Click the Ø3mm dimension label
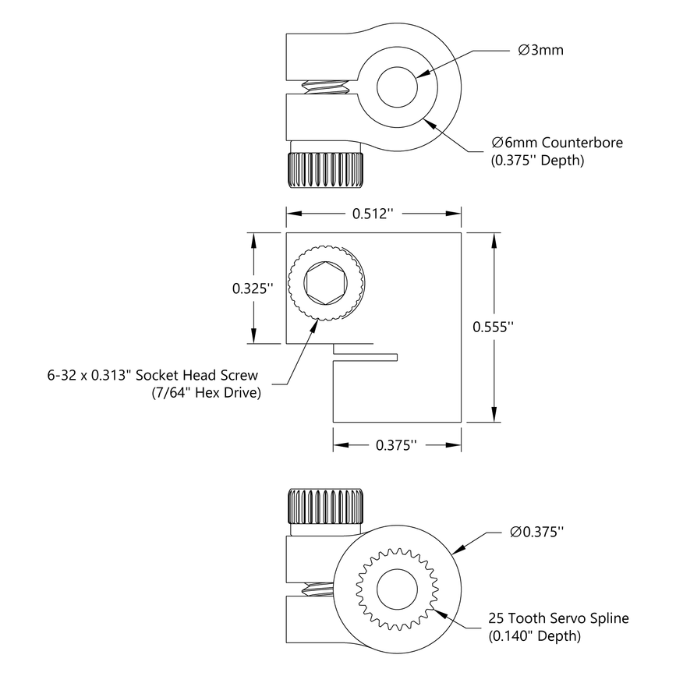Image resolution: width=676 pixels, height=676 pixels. [540, 51]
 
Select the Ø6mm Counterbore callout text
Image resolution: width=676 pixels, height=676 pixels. [557, 143]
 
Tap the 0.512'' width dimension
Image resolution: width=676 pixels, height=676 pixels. [374, 214]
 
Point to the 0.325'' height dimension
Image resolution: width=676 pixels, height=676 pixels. [253, 288]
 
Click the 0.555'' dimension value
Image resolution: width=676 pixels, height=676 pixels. [494, 327]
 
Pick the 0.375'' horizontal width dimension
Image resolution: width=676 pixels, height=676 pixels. [397, 445]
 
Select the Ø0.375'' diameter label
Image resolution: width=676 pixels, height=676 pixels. [536, 533]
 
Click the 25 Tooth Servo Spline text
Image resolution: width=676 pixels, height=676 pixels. [558, 618]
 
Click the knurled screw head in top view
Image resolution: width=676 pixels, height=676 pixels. [325, 169]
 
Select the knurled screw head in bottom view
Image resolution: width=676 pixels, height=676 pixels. [327, 507]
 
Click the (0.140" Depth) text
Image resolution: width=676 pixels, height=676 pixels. [535, 636]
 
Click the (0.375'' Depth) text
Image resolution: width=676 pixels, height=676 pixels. [538, 161]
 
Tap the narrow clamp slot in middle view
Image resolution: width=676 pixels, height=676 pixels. [366, 357]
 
